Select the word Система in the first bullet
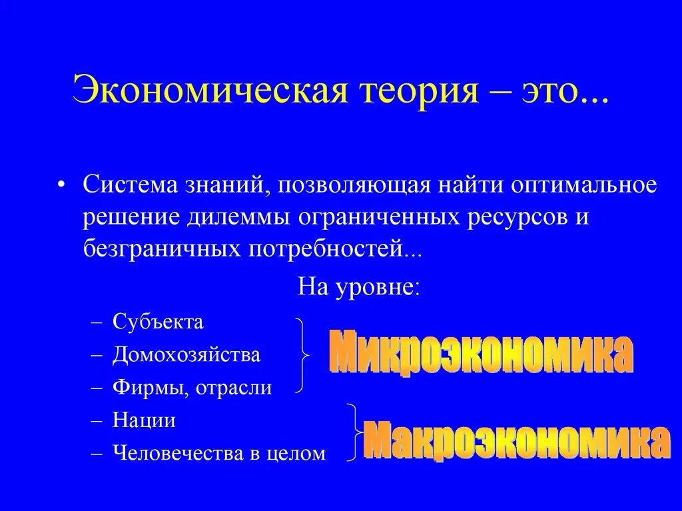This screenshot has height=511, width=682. (x=124, y=185)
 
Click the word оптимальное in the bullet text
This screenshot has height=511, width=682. (x=584, y=185)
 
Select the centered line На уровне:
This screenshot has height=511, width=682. (x=358, y=288)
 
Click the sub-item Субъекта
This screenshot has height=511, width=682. (x=158, y=322)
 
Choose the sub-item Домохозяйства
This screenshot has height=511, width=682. (x=186, y=354)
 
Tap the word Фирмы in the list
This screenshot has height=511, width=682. (x=151, y=388)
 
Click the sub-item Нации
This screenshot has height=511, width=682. (x=144, y=420)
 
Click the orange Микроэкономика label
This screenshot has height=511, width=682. (x=480, y=355)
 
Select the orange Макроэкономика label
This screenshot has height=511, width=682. (x=516, y=440)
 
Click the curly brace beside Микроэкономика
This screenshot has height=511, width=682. (x=303, y=355)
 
